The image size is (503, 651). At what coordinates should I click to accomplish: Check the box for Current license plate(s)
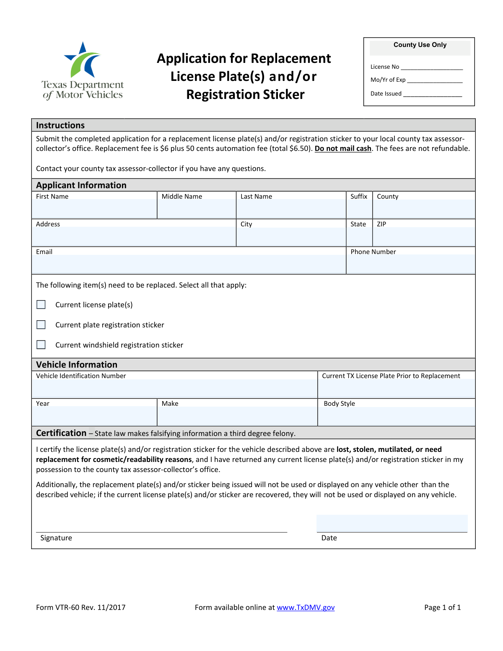tap(41, 305)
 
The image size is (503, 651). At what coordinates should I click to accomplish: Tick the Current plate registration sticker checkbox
tap(41, 325)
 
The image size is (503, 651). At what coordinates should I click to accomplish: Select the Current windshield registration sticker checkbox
tap(41, 345)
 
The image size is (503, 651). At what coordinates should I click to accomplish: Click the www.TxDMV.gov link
tap(306, 607)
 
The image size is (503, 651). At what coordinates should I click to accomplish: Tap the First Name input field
tap(94, 209)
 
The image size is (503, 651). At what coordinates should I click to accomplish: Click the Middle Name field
tap(197, 209)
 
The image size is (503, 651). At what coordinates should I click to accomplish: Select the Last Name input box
tap(291, 209)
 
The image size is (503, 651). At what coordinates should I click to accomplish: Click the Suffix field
tap(359, 209)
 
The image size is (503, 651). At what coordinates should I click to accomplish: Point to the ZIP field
tap(424, 236)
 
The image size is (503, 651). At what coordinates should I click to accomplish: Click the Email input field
tap(189, 264)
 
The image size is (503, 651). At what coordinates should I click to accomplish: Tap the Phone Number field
tap(411, 264)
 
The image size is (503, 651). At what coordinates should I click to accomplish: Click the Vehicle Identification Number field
tap(174, 389)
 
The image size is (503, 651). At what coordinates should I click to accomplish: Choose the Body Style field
tap(396, 416)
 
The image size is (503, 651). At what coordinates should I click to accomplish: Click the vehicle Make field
tap(237, 416)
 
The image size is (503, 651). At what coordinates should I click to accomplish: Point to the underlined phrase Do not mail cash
tap(343, 149)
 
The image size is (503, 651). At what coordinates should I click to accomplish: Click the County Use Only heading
tap(420, 45)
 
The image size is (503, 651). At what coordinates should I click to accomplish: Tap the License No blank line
tap(432, 67)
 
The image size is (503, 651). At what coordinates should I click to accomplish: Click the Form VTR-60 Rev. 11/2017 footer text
tap(81, 607)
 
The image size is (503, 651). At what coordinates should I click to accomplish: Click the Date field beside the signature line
tap(392, 523)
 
